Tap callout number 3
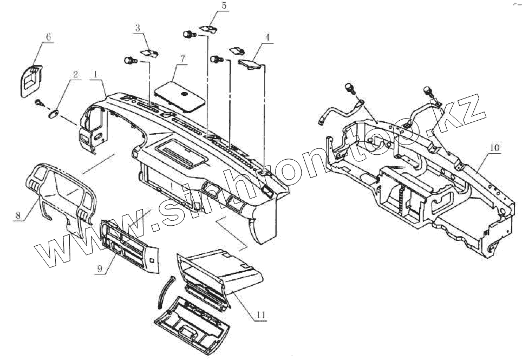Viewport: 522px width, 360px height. pos(138,27)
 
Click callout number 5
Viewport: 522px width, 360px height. pos(210,6)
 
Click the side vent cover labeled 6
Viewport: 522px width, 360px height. pos(32,80)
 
